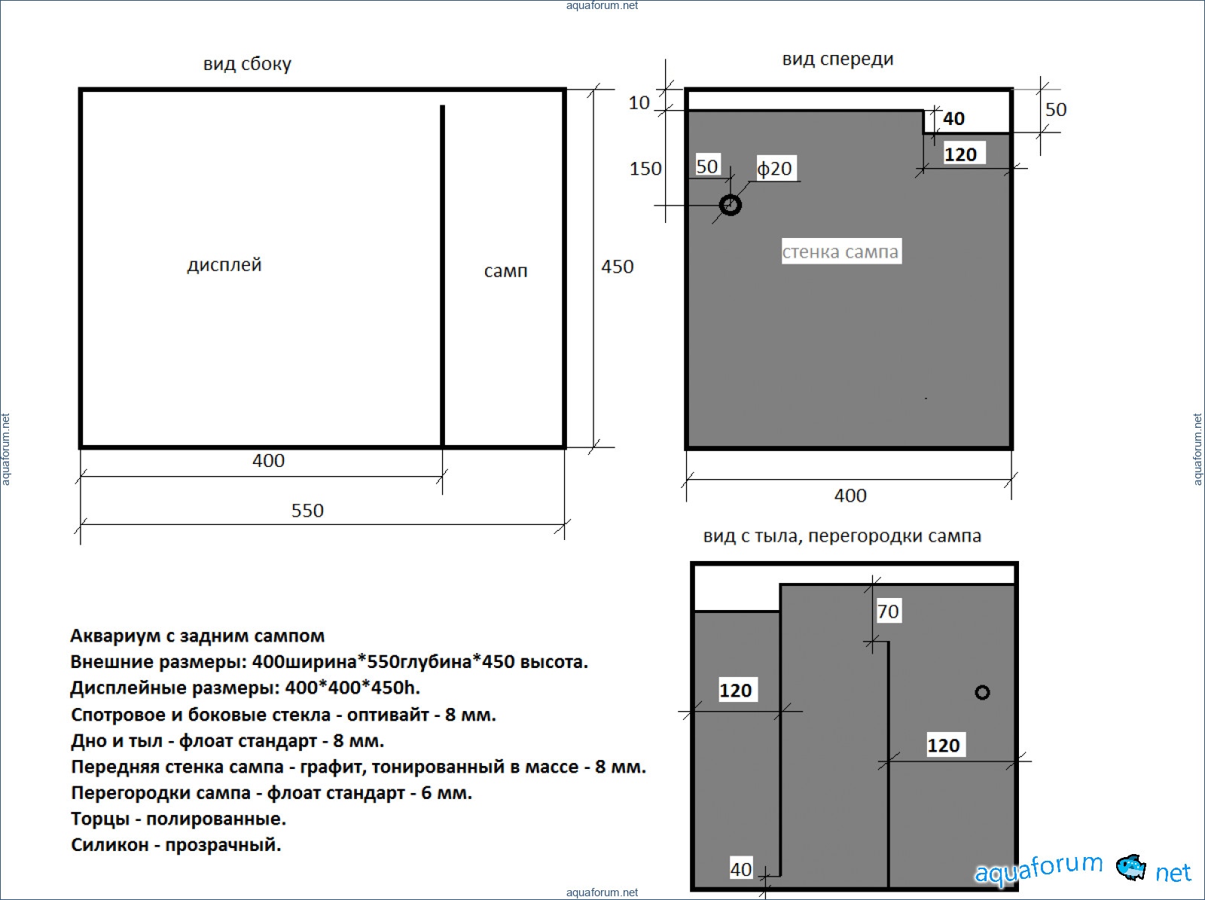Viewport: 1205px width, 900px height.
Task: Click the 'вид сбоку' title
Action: point(247,64)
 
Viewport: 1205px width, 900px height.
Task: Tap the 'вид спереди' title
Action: point(837,59)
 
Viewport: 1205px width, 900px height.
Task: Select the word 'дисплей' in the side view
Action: point(224,265)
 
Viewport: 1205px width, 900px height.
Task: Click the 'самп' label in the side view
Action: point(505,270)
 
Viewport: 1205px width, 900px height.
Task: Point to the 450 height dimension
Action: point(617,267)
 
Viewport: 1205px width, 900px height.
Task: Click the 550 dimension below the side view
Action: point(307,511)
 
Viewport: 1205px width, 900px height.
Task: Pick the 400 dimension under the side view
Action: point(268,461)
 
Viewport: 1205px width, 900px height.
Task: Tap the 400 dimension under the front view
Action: point(850,496)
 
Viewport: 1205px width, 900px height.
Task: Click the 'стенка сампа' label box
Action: point(841,252)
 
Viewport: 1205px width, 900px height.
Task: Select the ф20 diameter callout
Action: point(775,169)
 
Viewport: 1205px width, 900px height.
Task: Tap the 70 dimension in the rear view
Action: point(888,612)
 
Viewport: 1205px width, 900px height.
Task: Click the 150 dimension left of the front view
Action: point(645,169)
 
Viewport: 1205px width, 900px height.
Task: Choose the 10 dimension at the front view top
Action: point(639,102)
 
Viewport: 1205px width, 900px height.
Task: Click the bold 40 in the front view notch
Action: point(953,118)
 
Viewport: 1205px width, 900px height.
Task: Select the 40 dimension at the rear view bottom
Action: point(741,869)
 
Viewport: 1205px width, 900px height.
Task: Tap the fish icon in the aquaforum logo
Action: point(1131,868)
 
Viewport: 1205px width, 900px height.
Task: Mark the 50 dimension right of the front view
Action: point(1056,110)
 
